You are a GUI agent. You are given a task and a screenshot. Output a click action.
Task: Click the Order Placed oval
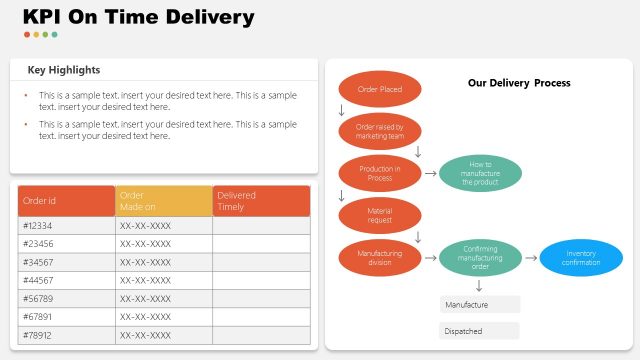380,90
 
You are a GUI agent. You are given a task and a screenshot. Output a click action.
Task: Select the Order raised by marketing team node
380,132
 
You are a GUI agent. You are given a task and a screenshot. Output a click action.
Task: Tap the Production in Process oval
380,173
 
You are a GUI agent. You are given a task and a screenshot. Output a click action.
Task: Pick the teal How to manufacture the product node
480,173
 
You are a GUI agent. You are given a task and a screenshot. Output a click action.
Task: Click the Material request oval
380,215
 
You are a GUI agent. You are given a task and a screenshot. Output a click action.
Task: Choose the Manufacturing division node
380,258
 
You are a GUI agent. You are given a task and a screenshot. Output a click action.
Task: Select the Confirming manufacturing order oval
480,258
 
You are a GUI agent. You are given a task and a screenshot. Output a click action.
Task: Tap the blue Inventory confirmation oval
581,258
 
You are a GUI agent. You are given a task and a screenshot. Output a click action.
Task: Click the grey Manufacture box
479,304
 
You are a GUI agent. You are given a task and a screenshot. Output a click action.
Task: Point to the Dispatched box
479,331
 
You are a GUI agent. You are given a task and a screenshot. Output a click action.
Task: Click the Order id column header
66,200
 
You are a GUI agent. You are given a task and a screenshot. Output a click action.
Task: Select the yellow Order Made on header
163,200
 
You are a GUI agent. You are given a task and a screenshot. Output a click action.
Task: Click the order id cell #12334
66,226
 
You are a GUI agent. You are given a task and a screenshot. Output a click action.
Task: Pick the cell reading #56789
66,298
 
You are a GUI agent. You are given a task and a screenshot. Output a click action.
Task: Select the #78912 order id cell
66,334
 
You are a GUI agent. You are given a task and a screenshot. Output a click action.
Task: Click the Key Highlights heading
64,70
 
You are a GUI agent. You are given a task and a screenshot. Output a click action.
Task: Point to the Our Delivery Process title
519,83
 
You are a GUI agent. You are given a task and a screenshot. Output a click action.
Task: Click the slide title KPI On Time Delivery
138,17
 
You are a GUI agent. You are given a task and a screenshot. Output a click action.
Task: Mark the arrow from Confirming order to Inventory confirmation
530,258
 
